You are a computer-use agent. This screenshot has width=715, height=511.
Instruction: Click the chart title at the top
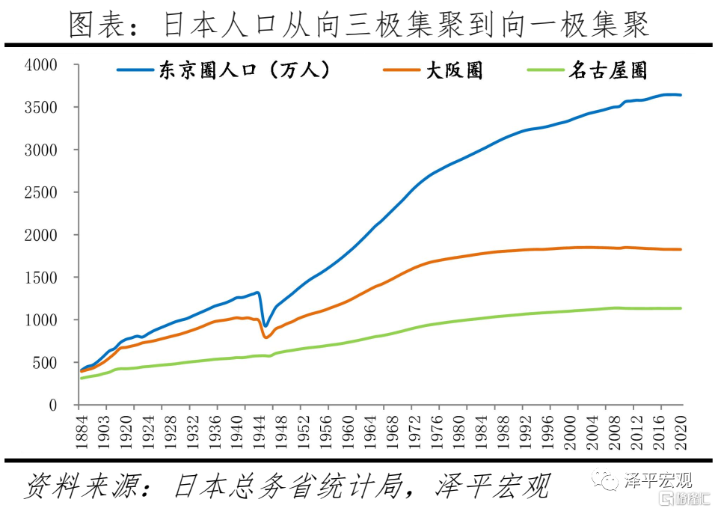[359, 24]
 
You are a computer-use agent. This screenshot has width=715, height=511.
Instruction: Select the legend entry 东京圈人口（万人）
[244, 70]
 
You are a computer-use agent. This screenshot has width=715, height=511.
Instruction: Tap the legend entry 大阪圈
[454, 70]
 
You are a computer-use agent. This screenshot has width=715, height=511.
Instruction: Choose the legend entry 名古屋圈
[607, 70]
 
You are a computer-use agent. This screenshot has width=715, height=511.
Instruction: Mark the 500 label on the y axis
[45, 363]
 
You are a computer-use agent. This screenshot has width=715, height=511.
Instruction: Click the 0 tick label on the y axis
[53, 406]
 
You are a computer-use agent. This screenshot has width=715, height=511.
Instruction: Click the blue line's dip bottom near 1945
[265, 326]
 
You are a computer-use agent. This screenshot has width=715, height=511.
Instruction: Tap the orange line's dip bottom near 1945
[266, 338]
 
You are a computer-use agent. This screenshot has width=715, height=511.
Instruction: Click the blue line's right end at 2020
[681, 95]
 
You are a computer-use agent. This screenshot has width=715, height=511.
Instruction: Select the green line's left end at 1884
[82, 379]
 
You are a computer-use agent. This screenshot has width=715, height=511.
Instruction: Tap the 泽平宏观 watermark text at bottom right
[658, 480]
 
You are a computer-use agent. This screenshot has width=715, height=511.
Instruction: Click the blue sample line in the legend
[135, 70]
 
